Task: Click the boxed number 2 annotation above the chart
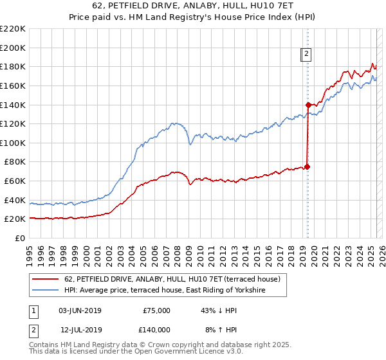coord(307,54)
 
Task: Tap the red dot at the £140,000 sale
coord(308,105)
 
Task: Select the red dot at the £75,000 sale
coord(308,166)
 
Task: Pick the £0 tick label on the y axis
coord(21,238)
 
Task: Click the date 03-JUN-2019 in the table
coord(80,310)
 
